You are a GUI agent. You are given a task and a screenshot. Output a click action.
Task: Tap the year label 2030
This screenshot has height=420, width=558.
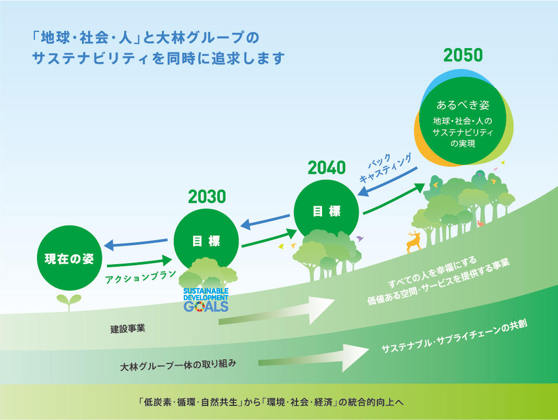(207, 197)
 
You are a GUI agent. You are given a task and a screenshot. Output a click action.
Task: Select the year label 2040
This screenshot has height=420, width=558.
(327, 167)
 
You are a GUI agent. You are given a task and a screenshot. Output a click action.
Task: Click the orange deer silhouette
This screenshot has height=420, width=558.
(413, 242)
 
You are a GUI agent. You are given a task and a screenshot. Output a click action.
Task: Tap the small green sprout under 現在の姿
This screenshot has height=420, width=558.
(69, 302)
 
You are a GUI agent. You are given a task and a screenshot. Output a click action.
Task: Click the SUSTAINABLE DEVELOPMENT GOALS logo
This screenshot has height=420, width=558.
(206, 299)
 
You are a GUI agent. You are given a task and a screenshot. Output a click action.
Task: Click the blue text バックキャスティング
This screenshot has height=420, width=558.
(385, 168)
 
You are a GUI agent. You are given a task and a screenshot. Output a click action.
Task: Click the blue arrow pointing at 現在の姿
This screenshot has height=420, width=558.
(136, 242)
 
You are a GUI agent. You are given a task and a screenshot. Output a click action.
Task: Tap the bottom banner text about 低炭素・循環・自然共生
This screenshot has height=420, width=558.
(271, 402)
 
